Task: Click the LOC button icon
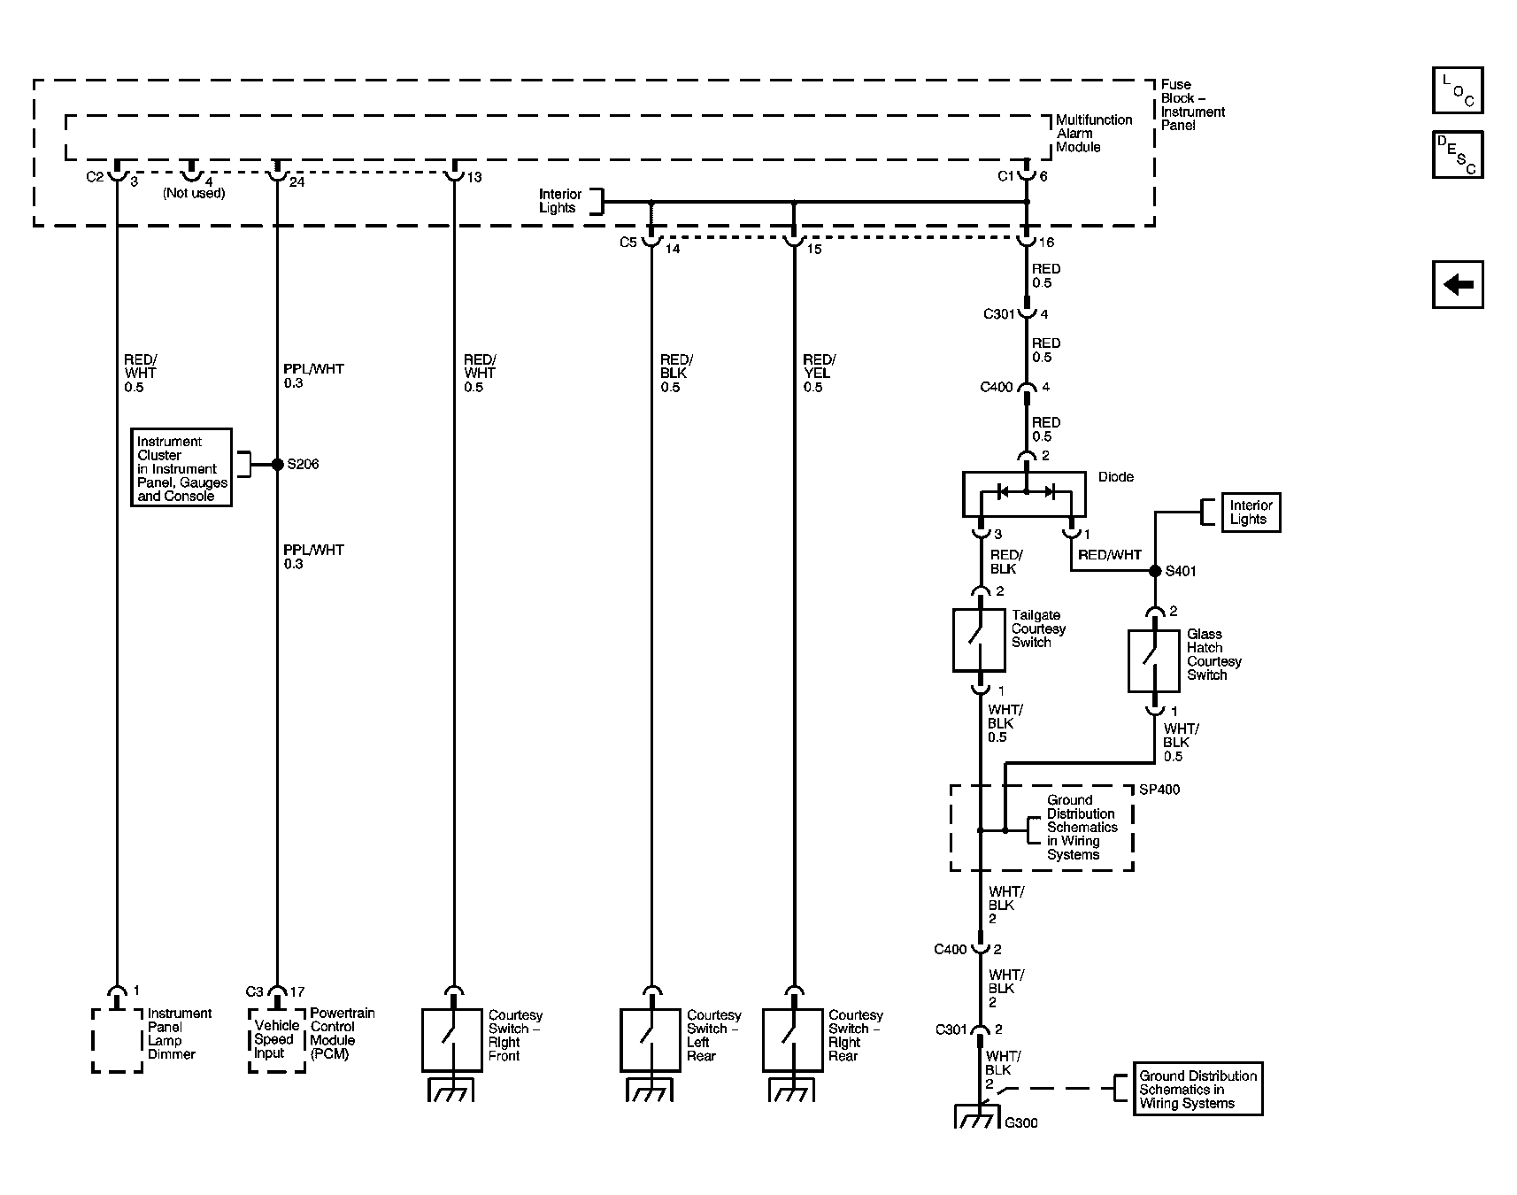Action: pos(1457,90)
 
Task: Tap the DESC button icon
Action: pos(1457,155)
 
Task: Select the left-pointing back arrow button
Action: pos(1457,285)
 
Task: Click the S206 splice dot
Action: pos(277,464)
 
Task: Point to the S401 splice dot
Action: pos(1154,571)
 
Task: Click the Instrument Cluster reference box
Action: pos(182,468)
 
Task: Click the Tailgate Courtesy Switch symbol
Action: pos(979,640)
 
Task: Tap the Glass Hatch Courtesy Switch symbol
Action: pos(1153,660)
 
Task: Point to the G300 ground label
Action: pos(1021,1122)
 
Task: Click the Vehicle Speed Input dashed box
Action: pos(277,1040)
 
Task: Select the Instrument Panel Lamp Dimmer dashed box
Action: pos(117,1040)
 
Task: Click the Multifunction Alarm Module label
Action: pos(1093,134)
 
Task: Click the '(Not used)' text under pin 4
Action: pos(194,193)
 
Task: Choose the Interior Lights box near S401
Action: pos(1250,513)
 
